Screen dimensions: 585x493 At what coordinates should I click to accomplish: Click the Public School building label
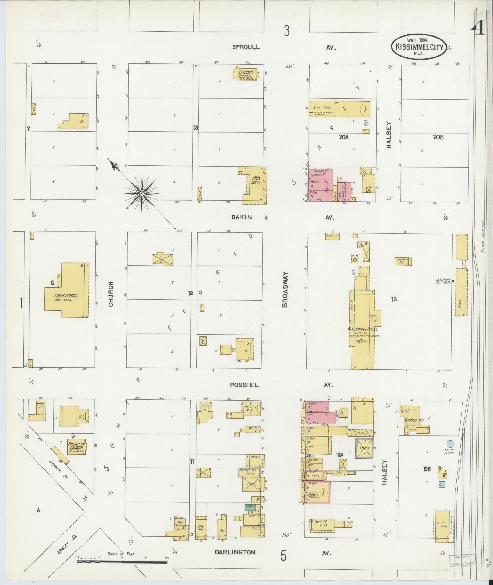coord(66,296)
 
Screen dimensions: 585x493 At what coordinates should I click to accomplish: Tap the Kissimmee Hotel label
coord(363,329)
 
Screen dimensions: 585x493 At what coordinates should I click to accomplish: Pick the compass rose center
coord(142,194)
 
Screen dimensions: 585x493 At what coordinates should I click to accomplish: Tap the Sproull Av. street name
coord(246,47)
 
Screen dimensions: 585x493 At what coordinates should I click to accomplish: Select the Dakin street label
coord(241,217)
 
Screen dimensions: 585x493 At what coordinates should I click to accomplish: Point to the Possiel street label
coord(244,385)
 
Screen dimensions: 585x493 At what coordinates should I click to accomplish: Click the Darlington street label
coord(235,552)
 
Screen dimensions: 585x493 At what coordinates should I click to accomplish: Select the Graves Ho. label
coord(414,420)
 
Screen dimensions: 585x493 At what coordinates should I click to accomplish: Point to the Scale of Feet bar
coord(122,562)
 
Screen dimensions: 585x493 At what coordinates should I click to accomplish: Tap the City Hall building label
coord(201,529)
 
